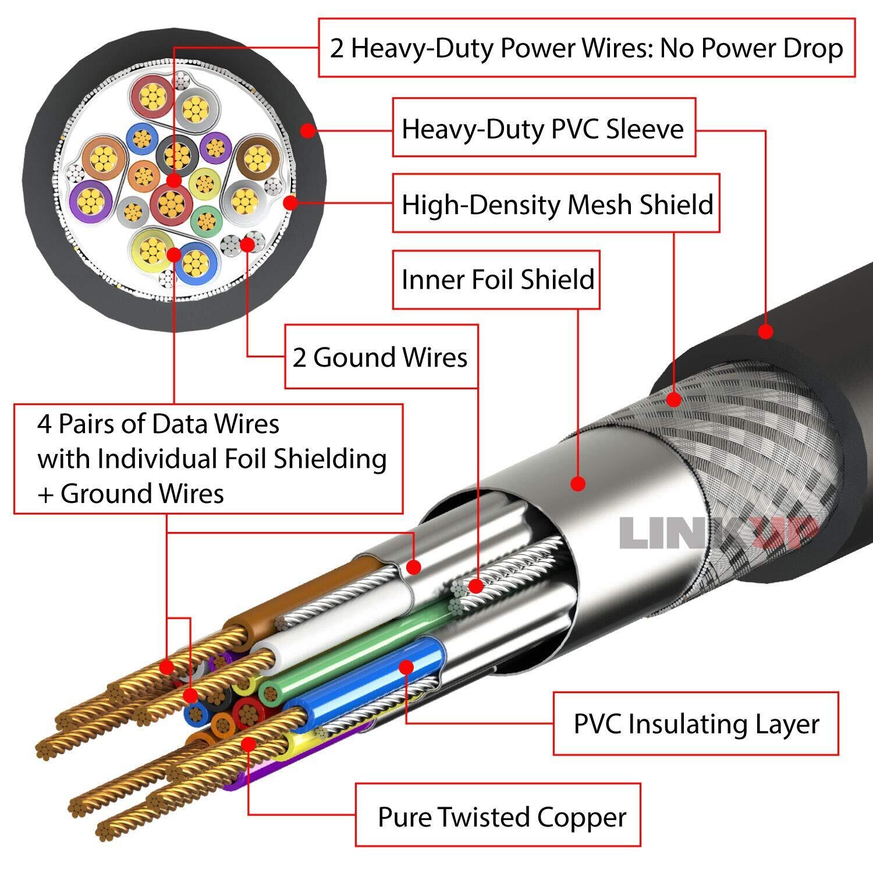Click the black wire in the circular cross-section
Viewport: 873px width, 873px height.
(x=176, y=155)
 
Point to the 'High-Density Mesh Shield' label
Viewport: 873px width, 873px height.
(x=556, y=204)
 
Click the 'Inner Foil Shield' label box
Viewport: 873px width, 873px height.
(x=496, y=279)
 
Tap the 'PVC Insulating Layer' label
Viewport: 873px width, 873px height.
(x=696, y=723)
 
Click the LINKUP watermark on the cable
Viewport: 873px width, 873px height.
(x=719, y=532)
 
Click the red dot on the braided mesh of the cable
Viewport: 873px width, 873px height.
(x=674, y=399)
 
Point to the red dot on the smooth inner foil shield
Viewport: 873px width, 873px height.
(x=578, y=483)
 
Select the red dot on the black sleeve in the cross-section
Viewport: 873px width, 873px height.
(x=308, y=130)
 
